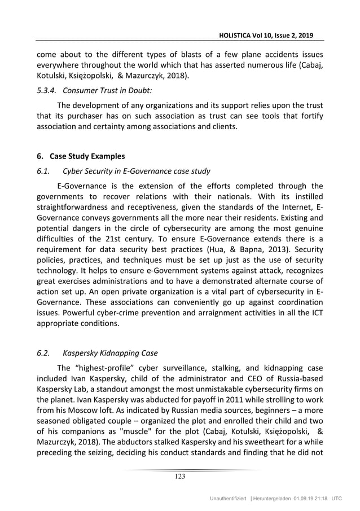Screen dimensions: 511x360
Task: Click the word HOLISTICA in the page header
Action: tap(242, 35)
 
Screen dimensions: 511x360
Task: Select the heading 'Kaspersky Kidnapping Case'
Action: tap(110, 354)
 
